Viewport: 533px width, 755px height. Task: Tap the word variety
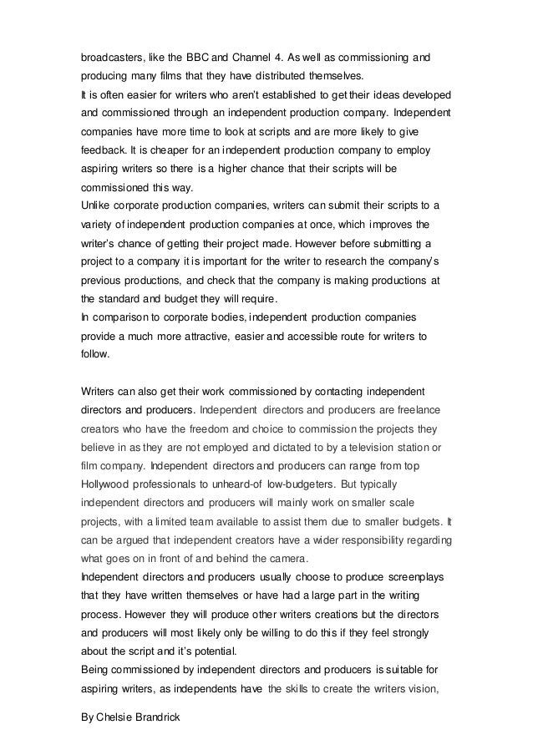click(x=99, y=224)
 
